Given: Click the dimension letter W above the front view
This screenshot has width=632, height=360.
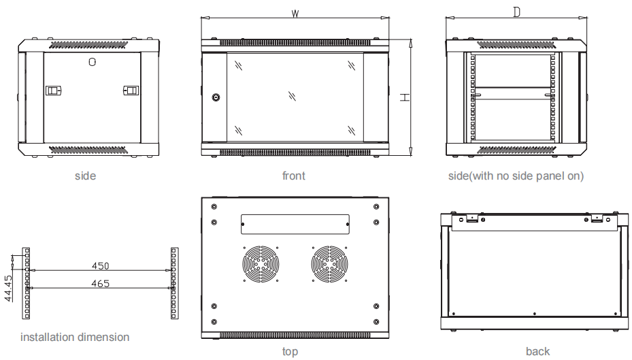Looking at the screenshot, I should [x=295, y=14].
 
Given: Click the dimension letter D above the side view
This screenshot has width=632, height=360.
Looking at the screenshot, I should [x=516, y=13].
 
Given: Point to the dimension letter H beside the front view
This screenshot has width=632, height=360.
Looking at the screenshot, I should [x=404, y=97].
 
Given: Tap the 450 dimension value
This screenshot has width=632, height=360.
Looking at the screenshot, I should [x=100, y=265].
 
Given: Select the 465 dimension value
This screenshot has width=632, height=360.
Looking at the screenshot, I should [x=100, y=283].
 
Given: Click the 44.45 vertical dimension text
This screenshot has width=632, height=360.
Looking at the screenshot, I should [x=7, y=288].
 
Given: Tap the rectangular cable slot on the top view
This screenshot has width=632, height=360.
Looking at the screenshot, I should [x=295, y=221].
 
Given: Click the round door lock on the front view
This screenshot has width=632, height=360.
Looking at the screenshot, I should [x=216, y=97].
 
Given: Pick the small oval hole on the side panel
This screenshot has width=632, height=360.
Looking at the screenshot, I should [x=93, y=61].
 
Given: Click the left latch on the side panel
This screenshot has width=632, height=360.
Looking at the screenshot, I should [x=53, y=90].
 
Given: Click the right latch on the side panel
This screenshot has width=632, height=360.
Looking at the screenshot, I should [x=131, y=90].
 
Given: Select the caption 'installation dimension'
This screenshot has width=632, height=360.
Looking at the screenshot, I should [x=75, y=337].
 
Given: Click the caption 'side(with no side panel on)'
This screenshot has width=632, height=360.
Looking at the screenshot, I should [x=516, y=176].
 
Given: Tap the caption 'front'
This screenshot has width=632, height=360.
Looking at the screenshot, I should [x=294, y=176].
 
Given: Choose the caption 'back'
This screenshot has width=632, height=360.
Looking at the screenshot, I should [x=537, y=351].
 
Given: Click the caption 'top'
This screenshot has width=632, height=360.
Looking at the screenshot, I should [x=290, y=351].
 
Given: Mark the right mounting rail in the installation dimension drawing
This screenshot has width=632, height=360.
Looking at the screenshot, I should [x=173, y=282].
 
